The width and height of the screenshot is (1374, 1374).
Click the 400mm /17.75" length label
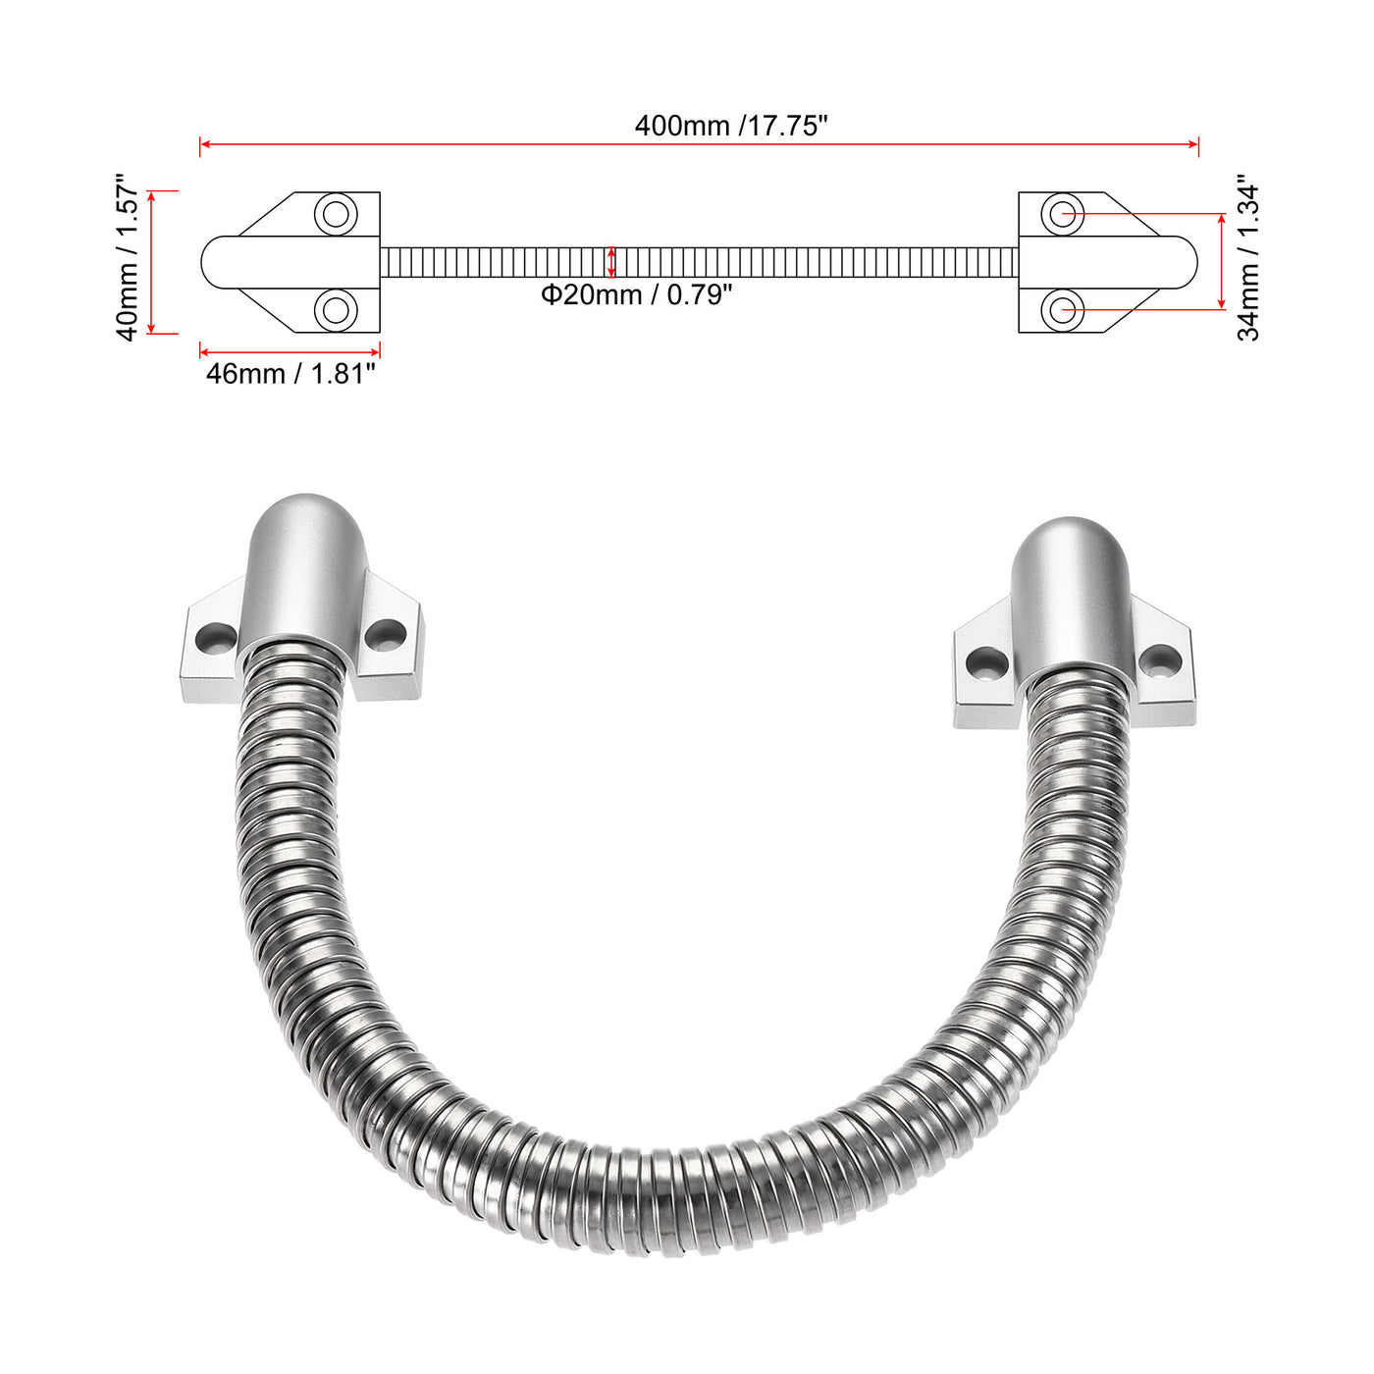click(731, 126)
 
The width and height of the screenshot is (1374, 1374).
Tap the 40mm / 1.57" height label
click(129, 258)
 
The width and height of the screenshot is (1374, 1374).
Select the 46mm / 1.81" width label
click(291, 374)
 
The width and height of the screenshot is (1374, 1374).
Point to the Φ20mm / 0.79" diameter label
click(637, 294)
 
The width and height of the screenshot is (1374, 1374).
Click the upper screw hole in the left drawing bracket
click(336, 213)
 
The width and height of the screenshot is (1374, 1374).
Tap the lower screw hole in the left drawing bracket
click(336, 311)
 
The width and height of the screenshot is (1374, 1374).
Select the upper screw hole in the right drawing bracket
click(1062, 213)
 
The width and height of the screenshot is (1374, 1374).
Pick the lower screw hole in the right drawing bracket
click(1062, 311)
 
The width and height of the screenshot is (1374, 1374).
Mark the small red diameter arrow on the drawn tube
click(611, 262)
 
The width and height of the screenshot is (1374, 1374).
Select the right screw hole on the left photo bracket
click(384, 635)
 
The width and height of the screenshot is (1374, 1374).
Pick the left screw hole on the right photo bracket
click(982, 663)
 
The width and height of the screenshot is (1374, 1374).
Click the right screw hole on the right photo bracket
click(1161, 661)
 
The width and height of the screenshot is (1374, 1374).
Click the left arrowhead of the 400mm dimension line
click(203, 145)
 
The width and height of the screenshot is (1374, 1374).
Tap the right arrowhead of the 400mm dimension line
click(1195, 145)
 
